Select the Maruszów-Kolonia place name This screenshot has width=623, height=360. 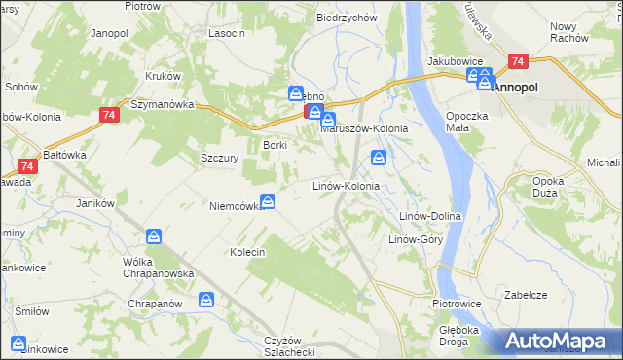363,127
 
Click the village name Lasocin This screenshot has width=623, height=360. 226,32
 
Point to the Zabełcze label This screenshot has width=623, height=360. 526,294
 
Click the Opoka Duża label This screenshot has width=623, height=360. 552,187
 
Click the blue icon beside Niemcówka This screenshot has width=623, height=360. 268,202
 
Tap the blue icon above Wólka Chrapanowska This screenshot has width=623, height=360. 154,236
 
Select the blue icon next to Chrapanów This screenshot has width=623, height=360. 205,301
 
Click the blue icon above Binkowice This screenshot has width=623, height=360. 18,342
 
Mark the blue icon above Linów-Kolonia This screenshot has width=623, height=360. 379,158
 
